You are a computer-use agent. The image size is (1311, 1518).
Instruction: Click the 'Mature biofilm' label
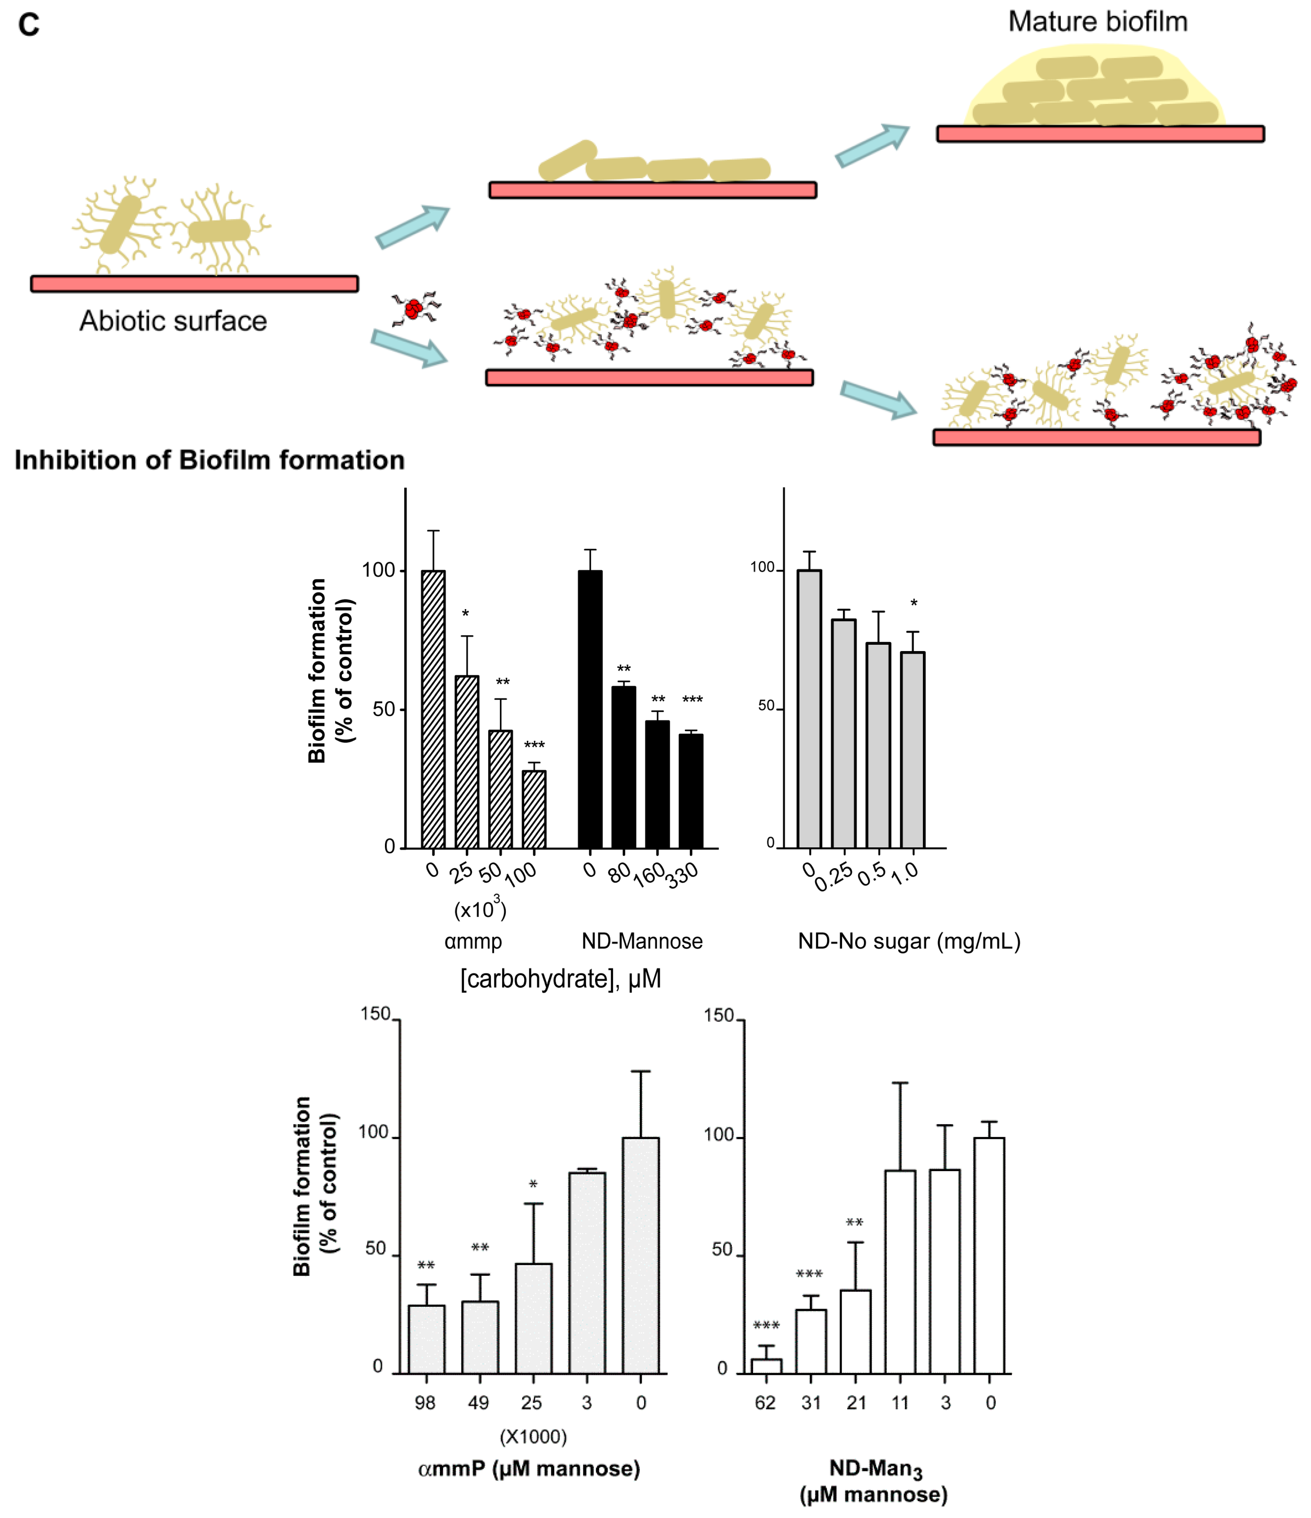(1097, 22)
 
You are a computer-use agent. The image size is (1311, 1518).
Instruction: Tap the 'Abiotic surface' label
(173, 321)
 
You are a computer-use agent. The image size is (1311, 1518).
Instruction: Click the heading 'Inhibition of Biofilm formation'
(210, 460)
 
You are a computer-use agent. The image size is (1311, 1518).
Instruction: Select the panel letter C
(29, 25)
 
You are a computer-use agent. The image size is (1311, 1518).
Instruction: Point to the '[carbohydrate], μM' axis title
(561, 979)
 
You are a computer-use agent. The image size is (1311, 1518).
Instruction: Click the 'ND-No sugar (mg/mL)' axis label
(909, 941)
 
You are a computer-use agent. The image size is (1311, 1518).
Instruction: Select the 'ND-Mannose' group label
(642, 941)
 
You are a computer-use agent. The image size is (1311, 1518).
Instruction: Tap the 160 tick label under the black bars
(649, 875)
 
